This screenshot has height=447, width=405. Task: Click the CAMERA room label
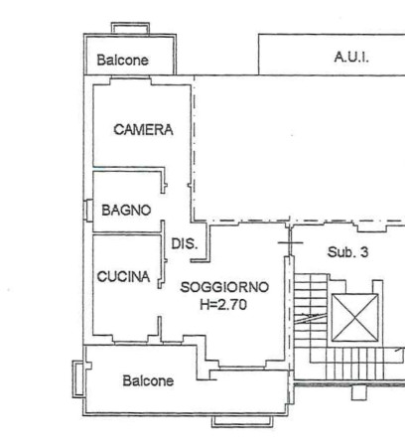[x=143, y=129]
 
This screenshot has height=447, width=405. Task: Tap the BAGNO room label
[x=126, y=210]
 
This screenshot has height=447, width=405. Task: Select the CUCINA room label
[x=123, y=276]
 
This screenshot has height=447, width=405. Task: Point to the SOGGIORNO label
[x=224, y=287]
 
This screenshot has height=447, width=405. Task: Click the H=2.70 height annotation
[x=223, y=304]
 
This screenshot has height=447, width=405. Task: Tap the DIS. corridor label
[x=185, y=244]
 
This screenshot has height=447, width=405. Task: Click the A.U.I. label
[x=351, y=58]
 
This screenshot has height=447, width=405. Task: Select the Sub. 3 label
[x=347, y=252]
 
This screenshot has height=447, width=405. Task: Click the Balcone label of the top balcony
[x=122, y=60]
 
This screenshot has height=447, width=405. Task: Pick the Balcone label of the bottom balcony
[x=148, y=380]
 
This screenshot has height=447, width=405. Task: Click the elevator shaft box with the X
[x=354, y=318]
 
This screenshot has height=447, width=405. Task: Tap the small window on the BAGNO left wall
[x=88, y=211]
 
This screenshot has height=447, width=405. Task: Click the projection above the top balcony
[x=130, y=28]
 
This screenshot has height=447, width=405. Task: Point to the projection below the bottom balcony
[x=242, y=421]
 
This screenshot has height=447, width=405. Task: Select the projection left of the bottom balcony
[x=77, y=378]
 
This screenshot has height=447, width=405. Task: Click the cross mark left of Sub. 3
[x=290, y=242]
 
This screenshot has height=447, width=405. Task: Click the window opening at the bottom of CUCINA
[x=130, y=341]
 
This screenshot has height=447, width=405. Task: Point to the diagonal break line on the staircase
[x=311, y=319]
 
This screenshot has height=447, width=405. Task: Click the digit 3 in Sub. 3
[x=364, y=252]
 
